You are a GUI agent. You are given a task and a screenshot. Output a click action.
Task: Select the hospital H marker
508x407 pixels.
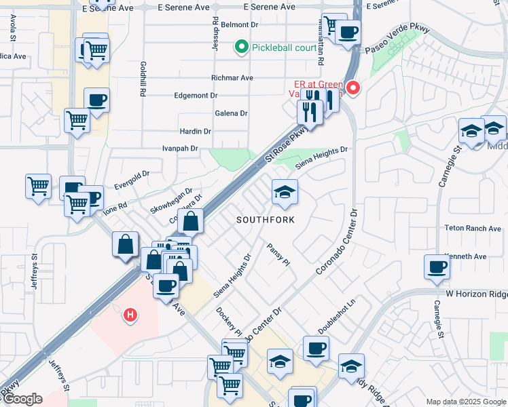pyautogui.click(x=130, y=315)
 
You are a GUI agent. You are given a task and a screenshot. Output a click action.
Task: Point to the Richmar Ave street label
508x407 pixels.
pyautogui.click(x=232, y=78)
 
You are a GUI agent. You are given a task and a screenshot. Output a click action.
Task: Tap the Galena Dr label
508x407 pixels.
pyautogui.click(x=231, y=113)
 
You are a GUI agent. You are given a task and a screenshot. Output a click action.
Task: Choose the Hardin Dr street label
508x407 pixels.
pyautogui.click(x=195, y=131)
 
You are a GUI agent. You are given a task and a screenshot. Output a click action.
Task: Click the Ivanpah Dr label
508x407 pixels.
pyautogui.click(x=180, y=148)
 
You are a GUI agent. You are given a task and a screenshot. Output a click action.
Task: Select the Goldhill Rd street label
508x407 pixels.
pyautogui.click(x=143, y=79)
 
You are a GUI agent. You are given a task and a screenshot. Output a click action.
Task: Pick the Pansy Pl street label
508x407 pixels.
pyautogui.click(x=279, y=254)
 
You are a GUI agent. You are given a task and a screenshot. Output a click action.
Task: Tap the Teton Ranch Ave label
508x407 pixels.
pyautogui.click(x=471, y=229)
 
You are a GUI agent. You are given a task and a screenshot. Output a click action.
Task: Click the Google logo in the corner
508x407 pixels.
pyautogui.click(x=22, y=400)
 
